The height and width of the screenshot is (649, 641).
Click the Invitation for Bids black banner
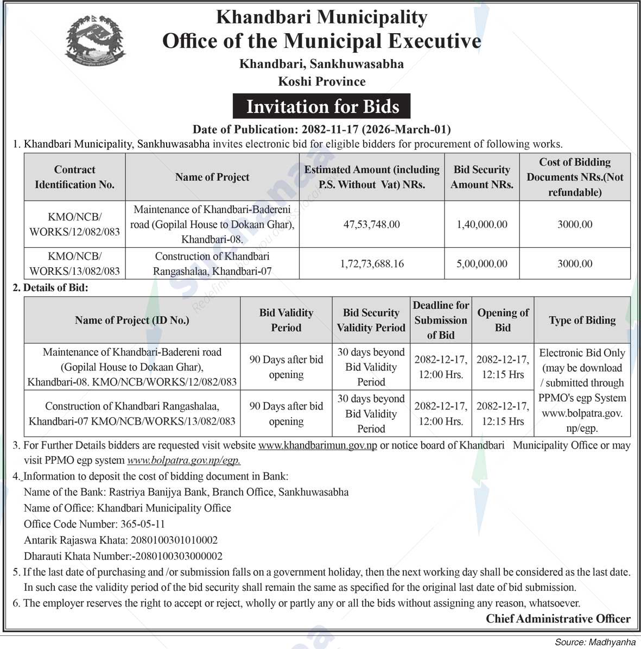point(322,106)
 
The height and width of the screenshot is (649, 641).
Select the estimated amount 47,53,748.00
point(371,224)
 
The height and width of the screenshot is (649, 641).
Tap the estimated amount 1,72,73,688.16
point(371,263)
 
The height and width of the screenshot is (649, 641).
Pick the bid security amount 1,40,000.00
point(481,224)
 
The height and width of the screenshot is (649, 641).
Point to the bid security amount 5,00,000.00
point(481,263)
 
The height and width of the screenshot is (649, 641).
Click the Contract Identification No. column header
point(74,177)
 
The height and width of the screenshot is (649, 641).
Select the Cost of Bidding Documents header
point(575,177)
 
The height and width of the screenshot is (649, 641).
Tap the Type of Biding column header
point(582,320)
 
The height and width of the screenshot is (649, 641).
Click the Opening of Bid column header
point(503,320)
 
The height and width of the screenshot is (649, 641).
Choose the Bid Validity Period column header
point(286,320)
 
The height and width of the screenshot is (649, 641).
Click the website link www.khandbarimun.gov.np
point(318,445)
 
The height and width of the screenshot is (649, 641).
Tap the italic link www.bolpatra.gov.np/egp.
point(183,461)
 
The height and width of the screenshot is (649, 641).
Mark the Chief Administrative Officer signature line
point(558,619)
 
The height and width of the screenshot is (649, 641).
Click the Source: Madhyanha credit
point(595,642)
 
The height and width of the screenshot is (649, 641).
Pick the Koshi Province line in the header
point(322,81)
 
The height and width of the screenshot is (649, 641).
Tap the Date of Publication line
point(322,129)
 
